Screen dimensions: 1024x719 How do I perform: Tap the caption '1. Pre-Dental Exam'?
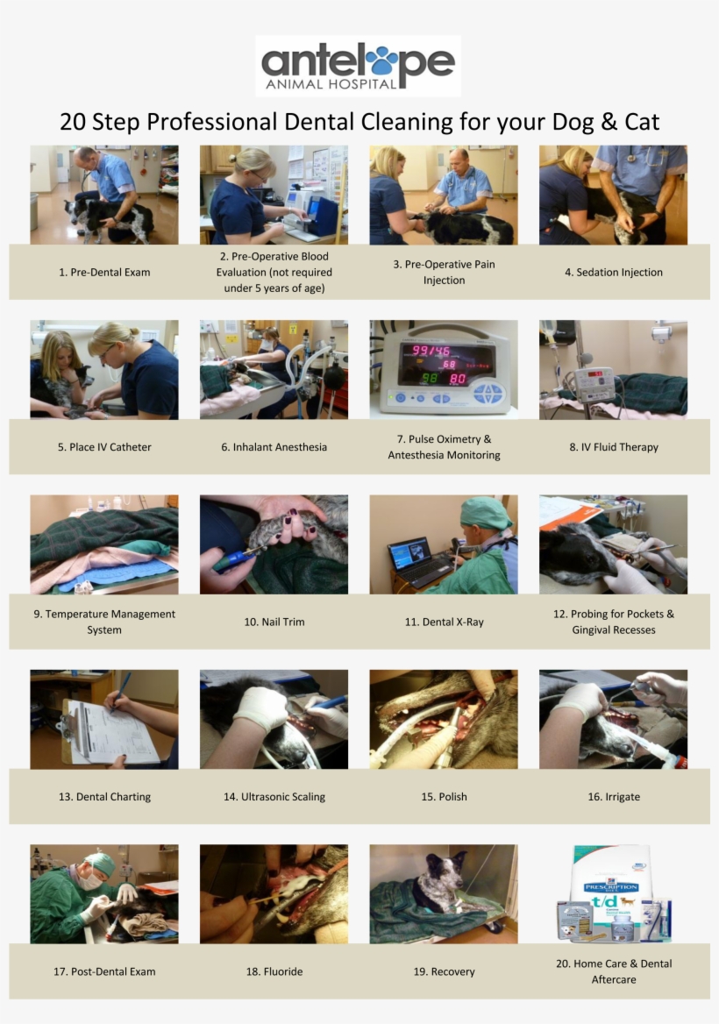pos(104,273)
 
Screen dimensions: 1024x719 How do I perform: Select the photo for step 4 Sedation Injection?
pos(613,195)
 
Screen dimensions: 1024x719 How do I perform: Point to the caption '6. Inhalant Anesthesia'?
pos(274,447)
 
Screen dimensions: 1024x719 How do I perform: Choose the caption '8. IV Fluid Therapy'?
pos(613,447)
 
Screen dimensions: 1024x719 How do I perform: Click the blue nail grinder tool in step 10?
pos(234,558)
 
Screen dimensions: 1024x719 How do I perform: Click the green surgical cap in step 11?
pos(486,512)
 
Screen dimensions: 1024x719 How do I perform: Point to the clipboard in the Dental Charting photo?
pos(110,732)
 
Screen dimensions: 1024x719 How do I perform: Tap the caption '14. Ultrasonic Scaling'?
pos(274,797)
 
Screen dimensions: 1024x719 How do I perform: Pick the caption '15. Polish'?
pos(444,797)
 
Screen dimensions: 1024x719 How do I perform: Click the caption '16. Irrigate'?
pos(613,797)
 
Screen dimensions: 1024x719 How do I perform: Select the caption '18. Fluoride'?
pos(274,971)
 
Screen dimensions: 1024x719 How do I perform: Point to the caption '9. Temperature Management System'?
pos(104,622)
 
